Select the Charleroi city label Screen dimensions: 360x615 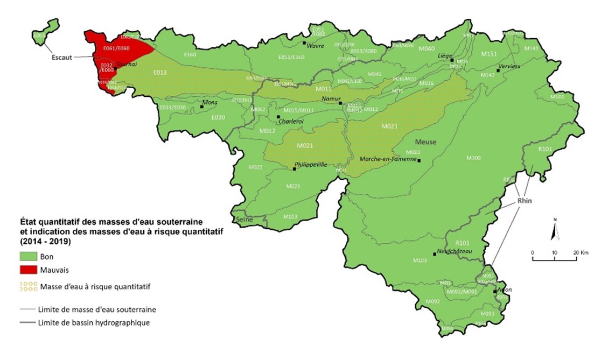[x=291, y=122]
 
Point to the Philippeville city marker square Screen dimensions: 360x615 [x=294, y=169]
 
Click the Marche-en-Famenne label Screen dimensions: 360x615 [x=388, y=158]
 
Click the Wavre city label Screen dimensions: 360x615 [x=315, y=46]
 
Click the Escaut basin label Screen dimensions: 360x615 [x=62, y=58]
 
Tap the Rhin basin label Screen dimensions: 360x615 [x=524, y=201]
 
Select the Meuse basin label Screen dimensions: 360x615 [x=425, y=142]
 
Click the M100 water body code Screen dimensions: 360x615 [x=473, y=158]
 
